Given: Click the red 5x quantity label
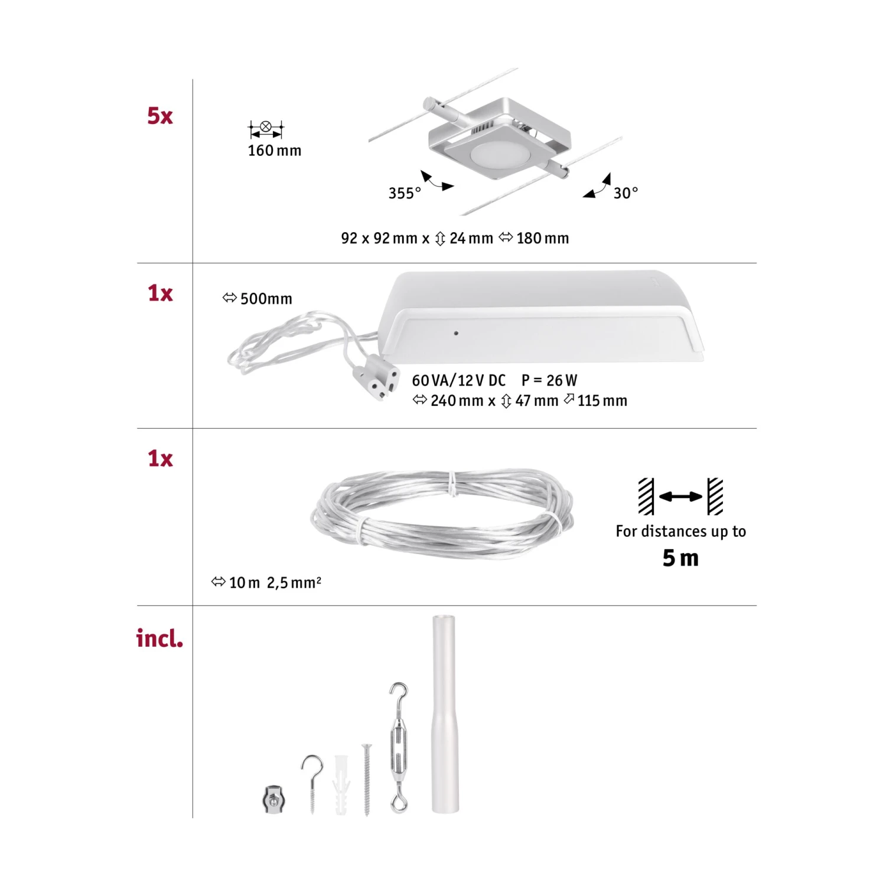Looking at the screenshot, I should tap(160, 116).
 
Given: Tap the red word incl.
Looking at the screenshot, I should tap(159, 639).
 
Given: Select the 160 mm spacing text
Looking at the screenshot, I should tap(274, 151).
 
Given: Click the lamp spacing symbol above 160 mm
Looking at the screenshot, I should tap(266, 128).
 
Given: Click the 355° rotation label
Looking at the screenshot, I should tap(405, 193).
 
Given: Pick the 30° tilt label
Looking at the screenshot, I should tap(626, 193).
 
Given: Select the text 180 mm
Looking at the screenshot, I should tap(542, 239).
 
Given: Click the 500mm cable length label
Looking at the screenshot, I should tap(266, 299).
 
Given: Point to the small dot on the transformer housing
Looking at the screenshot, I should tap(456, 333).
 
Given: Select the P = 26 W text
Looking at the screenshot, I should tap(549, 380).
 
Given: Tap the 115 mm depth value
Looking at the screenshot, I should tap(602, 401).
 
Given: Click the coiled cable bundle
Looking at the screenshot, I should tap(441, 514).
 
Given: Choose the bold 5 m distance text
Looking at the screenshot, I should tap(680, 558).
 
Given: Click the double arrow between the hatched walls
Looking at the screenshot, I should tap(680, 497).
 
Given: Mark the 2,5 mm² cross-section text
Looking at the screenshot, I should tap(294, 583).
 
